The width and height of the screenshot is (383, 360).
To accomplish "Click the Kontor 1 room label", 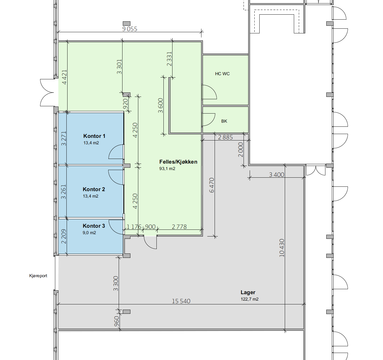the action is click(x=94, y=136).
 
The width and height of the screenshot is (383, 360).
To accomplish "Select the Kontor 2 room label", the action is click(x=94, y=189).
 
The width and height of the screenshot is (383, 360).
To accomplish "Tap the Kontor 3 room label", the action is click(x=94, y=226).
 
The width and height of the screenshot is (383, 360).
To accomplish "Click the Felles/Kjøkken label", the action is click(x=178, y=162).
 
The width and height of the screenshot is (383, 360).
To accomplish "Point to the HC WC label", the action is click(x=222, y=74).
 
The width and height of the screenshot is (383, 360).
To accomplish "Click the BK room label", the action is click(x=224, y=121).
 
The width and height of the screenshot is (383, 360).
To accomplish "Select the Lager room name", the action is click(x=248, y=293).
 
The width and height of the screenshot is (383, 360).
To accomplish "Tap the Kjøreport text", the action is click(x=38, y=276).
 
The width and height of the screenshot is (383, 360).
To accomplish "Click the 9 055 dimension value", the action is click(x=130, y=29).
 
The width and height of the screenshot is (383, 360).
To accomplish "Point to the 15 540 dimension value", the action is click(x=181, y=301).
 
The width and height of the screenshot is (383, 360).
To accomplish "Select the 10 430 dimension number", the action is click(x=282, y=248).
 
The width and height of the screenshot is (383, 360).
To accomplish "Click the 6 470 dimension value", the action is click(x=212, y=185).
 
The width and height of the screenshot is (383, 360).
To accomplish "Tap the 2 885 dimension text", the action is click(x=225, y=137).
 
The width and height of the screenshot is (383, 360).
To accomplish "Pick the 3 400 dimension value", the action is click(x=277, y=175).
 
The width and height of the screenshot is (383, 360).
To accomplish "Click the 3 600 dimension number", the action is click(x=161, y=106).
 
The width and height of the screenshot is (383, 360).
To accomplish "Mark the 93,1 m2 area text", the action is click(x=167, y=169).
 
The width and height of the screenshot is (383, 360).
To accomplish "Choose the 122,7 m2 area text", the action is click(x=250, y=299).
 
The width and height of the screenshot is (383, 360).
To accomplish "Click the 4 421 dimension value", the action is click(x=64, y=77).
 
